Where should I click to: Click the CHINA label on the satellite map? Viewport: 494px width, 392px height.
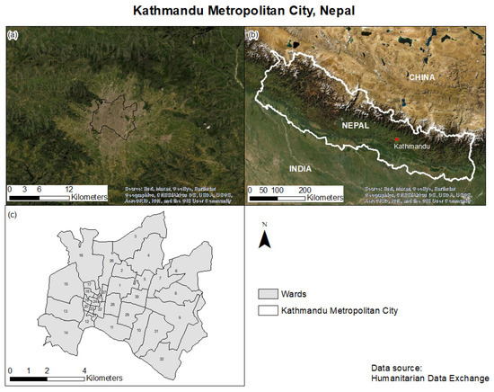(427, 77)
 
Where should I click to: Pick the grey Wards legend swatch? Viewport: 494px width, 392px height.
(264, 293)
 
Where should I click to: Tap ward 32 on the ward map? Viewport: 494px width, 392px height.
(161, 357)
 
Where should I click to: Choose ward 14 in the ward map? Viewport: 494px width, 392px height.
(66, 331)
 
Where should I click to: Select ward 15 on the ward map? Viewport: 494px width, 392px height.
(67, 283)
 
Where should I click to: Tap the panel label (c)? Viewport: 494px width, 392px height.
(13, 214)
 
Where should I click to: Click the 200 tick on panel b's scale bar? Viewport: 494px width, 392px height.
(304, 192)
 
